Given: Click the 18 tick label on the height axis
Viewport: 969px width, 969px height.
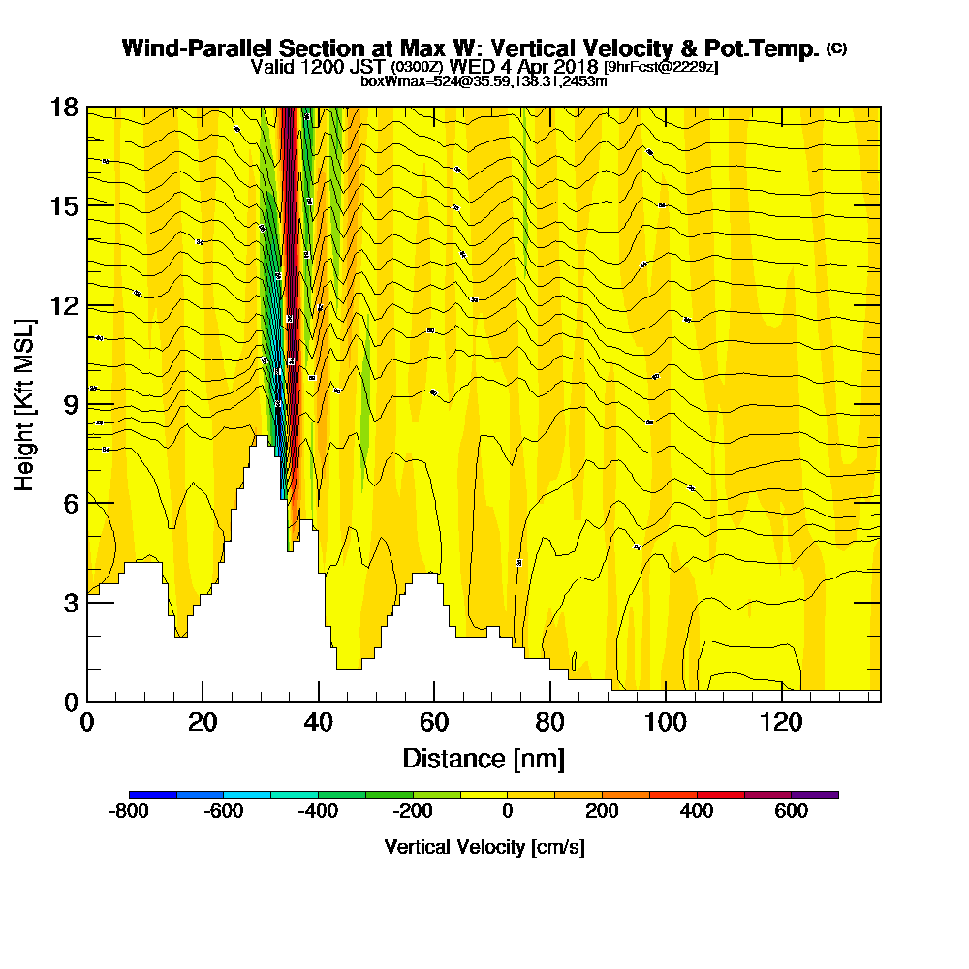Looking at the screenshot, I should [65, 107].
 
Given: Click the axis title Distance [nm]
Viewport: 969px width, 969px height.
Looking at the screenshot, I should [484, 758].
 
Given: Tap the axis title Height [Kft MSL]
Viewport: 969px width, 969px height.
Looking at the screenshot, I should [24, 403].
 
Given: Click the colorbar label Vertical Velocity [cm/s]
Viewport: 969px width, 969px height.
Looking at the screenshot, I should [484, 847].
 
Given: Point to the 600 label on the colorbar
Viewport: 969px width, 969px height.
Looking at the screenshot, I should [791, 812].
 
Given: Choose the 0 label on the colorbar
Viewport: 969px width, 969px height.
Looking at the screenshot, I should [507, 812].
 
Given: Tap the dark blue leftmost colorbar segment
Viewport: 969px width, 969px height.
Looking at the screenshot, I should [153, 795].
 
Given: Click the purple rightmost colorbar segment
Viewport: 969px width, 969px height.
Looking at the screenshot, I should [815, 795].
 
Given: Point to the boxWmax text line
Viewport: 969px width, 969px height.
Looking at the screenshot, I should [484, 81].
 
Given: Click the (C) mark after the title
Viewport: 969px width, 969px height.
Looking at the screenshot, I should [836, 47].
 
